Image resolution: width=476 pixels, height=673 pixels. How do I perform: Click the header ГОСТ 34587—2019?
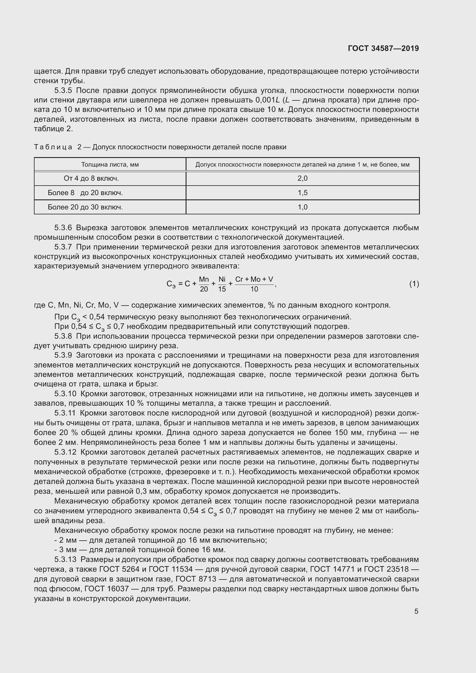383,48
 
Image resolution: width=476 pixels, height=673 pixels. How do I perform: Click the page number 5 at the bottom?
416,611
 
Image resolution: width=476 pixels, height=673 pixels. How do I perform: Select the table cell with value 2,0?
302,178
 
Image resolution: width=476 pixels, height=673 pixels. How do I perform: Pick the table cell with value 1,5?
302,192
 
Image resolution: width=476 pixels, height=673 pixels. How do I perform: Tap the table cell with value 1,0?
302,207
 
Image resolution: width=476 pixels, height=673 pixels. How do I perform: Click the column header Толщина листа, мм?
110,165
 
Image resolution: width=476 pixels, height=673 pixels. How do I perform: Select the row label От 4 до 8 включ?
91,178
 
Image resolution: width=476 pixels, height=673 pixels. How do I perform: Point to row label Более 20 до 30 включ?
85,207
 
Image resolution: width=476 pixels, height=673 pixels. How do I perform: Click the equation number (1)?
414,284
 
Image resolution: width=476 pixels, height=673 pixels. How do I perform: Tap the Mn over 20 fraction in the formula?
204,284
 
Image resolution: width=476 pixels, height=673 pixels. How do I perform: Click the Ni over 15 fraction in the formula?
222,284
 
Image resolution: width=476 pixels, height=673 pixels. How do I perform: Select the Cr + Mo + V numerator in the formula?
254,279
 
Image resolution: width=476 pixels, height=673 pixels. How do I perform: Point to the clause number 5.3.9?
63,355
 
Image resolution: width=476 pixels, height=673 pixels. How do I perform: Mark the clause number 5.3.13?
65,560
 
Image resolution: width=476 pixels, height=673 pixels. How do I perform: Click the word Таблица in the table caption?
53,147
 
